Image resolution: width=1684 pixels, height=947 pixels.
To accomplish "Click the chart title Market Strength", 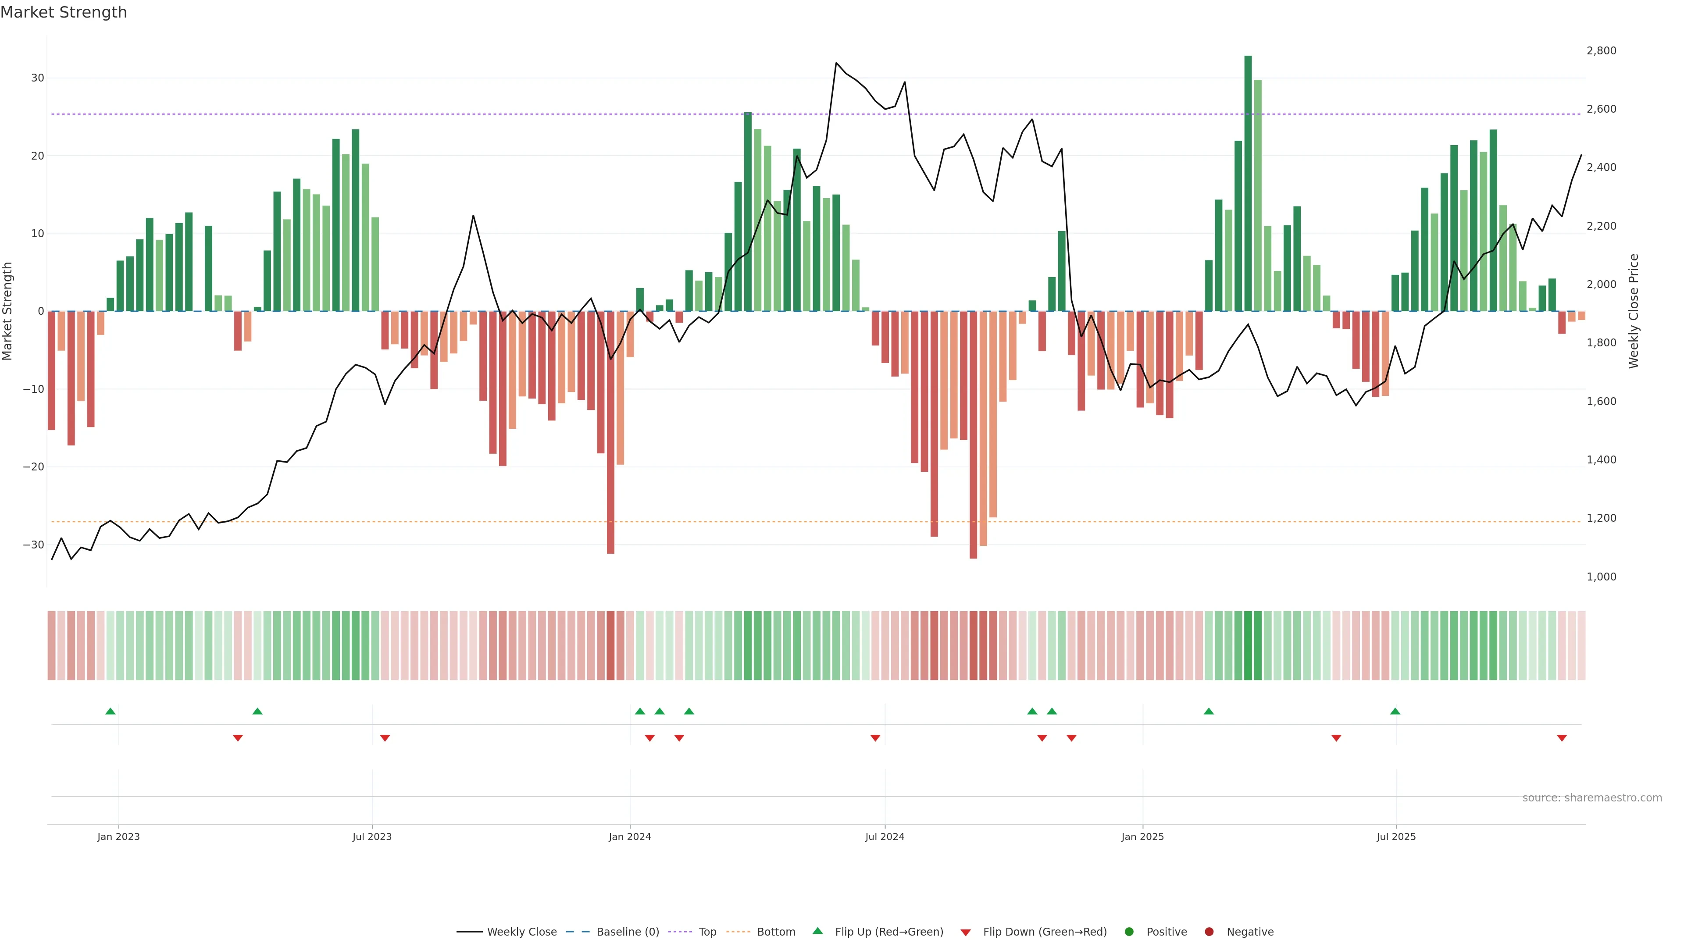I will [x=64, y=12].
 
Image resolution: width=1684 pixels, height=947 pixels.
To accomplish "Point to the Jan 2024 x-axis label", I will [x=630, y=837].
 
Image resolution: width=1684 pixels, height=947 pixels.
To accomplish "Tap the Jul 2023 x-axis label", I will [x=371, y=837].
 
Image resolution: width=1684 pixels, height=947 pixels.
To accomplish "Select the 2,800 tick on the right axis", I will [x=1601, y=51].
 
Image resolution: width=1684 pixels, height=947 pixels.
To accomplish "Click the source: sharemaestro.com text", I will [x=1592, y=798].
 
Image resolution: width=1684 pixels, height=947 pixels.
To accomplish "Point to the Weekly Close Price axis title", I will [x=1634, y=311].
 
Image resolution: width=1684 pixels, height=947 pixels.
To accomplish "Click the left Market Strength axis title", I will [x=8, y=311].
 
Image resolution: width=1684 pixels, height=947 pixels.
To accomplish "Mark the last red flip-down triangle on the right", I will [x=1562, y=738].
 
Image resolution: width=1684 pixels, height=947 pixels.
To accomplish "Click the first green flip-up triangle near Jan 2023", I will [x=111, y=711].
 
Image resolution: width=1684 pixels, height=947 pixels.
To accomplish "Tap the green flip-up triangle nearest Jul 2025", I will [x=1395, y=711].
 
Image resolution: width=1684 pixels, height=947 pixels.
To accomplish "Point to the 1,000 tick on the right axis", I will [x=1601, y=577].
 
